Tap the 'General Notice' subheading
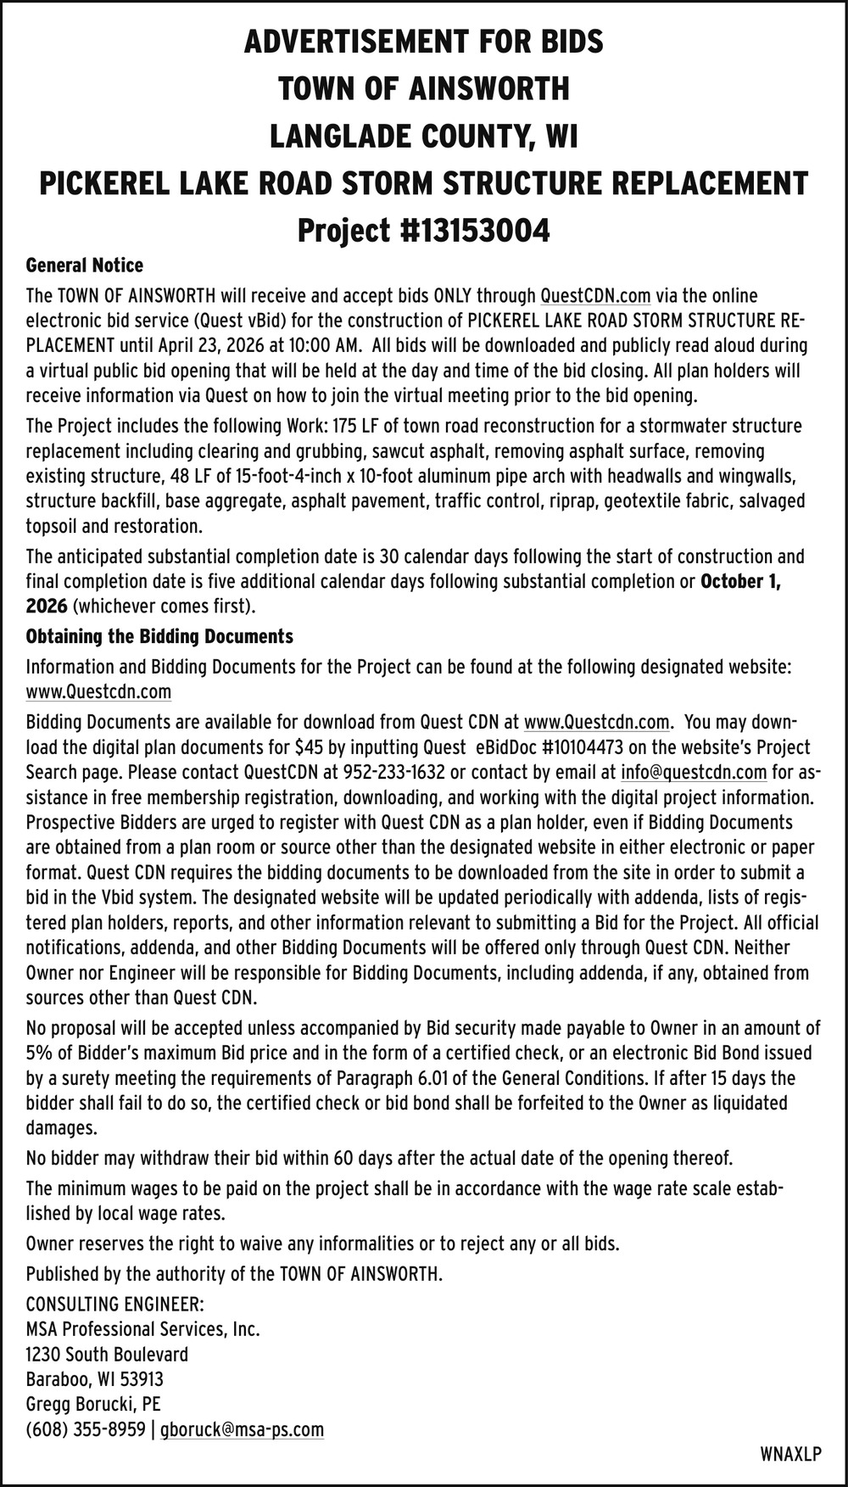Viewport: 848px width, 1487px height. (85, 266)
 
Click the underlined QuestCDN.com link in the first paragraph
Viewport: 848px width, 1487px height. (595, 296)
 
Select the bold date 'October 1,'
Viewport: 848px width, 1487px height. (741, 582)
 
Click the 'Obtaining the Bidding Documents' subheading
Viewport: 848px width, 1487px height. (159, 636)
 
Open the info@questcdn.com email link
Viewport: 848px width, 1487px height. (694, 773)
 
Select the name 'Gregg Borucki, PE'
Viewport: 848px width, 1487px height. (93, 1405)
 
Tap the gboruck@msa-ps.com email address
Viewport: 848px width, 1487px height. (242, 1430)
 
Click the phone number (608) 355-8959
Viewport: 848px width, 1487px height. (86, 1430)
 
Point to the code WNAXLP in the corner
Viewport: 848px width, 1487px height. (791, 1455)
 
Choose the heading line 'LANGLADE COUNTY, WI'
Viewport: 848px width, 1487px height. (423, 136)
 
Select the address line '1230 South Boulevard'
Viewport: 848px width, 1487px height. (107, 1355)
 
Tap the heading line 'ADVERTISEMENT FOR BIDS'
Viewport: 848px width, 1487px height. (423, 41)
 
